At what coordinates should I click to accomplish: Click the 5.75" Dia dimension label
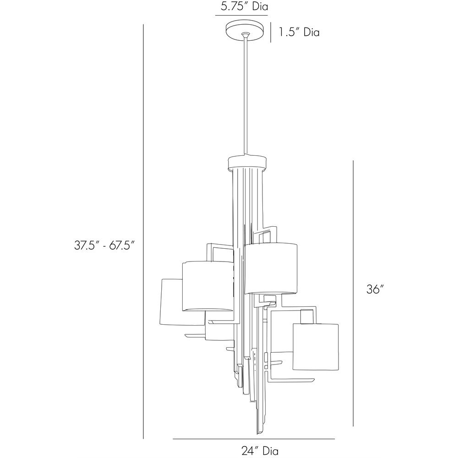pos(244,6)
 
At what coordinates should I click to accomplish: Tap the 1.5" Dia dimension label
pos(299,32)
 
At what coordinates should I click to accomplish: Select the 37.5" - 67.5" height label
pos(104,245)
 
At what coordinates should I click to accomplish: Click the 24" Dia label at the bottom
pos(260,450)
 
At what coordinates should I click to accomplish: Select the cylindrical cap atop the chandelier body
pos(247,163)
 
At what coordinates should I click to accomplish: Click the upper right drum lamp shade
pos(271,268)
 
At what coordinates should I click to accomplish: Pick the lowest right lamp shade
pos(316,346)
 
